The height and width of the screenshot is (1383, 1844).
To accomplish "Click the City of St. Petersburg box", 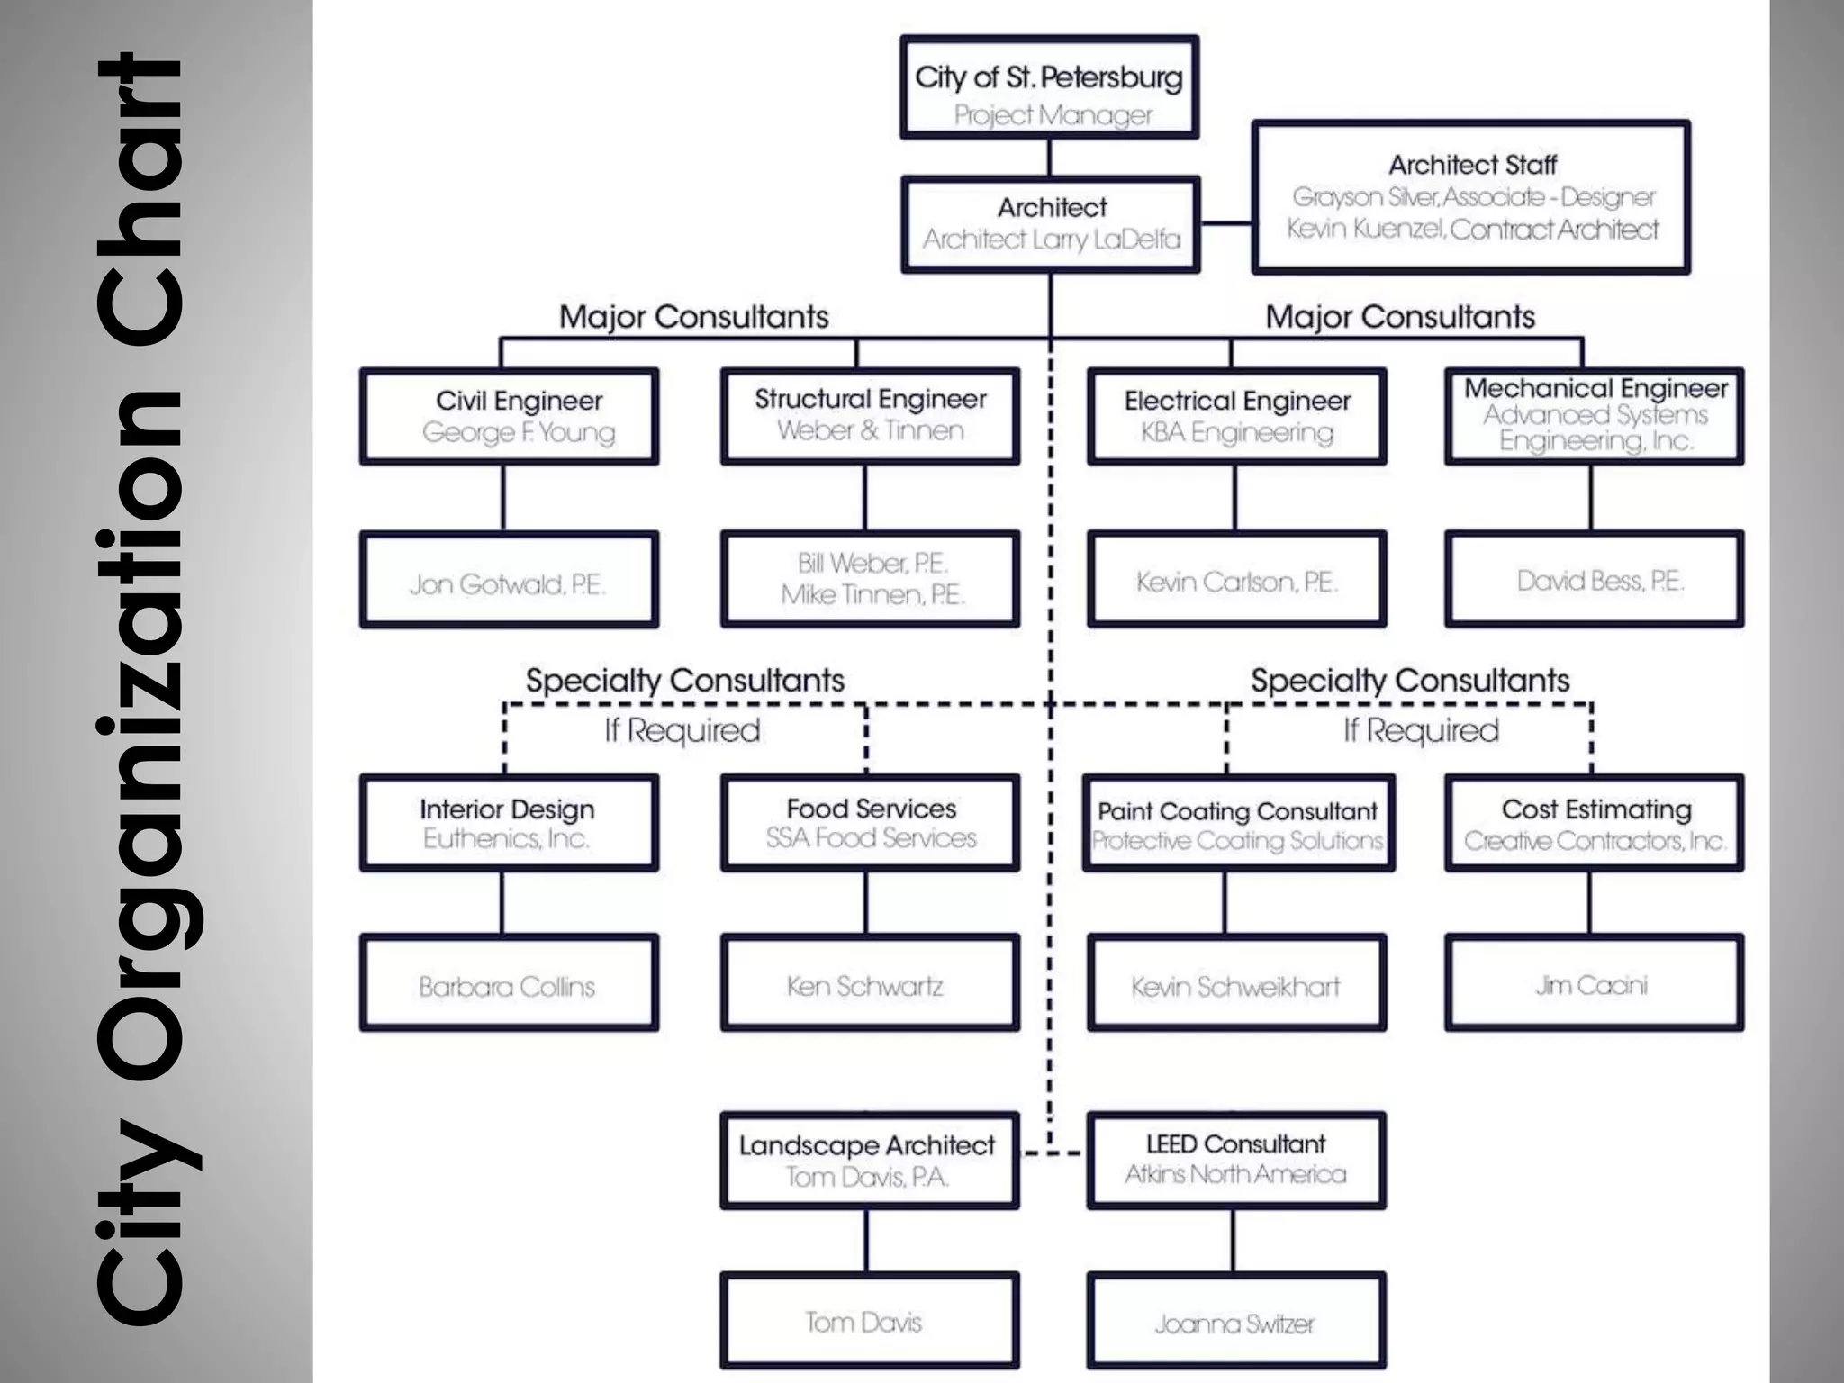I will [1049, 87].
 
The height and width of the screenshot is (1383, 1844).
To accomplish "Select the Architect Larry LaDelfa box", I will [1051, 224].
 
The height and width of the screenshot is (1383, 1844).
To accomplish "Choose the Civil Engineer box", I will [509, 416].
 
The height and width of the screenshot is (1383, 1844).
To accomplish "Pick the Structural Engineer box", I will [870, 416].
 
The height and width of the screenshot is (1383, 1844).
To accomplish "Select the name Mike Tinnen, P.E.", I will [872, 595].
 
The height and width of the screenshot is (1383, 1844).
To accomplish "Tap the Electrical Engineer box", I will [1236, 416].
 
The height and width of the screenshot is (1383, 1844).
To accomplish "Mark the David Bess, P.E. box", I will [1594, 579].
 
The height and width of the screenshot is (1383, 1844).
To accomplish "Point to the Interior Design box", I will [509, 822].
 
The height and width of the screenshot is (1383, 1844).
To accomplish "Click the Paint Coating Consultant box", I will [1238, 823].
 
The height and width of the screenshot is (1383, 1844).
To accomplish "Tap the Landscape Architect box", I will [870, 1160].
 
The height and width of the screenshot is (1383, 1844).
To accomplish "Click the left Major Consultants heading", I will [693, 317].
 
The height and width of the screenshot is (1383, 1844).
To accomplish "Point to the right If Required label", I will [1421, 730].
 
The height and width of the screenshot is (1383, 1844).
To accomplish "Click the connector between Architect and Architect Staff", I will [1226, 223].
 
